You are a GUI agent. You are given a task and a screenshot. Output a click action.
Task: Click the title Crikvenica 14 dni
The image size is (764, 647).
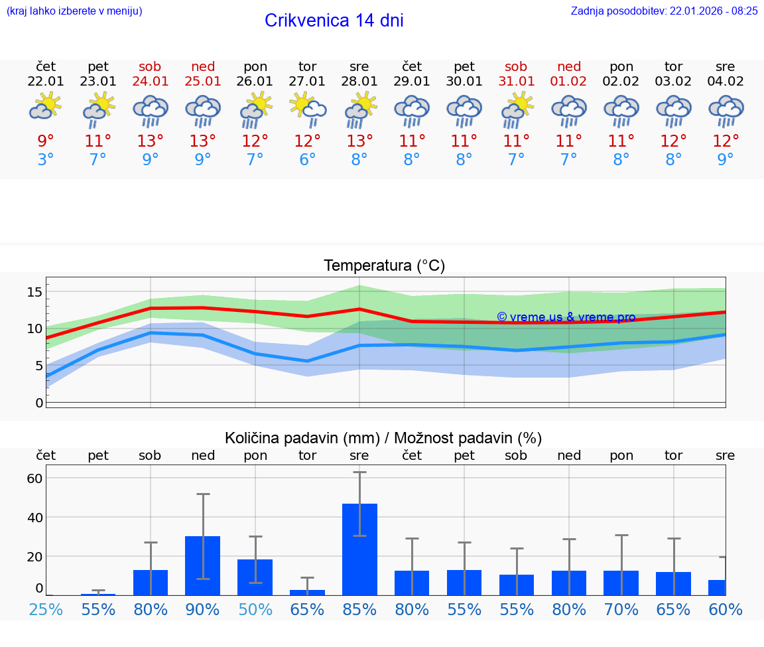click(334, 21)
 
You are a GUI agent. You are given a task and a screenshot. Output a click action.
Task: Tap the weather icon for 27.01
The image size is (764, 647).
click(307, 109)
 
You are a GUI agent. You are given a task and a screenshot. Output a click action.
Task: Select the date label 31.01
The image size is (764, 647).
click(516, 82)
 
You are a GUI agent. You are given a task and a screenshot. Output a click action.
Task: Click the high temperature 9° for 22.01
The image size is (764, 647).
click(46, 141)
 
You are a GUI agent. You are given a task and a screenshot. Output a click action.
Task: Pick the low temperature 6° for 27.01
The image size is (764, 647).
click(307, 160)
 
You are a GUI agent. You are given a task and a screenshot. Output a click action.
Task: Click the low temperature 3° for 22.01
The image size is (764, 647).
click(46, 160)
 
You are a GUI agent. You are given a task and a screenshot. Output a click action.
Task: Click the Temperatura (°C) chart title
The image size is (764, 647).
click(384, 266)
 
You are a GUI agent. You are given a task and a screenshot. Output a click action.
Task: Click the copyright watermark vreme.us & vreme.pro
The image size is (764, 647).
click(566, 317)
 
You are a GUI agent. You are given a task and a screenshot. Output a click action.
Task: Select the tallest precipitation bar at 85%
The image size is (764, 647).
click(359, 549)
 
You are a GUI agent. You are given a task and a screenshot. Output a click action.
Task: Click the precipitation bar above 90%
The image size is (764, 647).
click(202, 565)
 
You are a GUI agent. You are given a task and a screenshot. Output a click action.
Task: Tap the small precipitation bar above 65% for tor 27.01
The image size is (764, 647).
click(307, 592)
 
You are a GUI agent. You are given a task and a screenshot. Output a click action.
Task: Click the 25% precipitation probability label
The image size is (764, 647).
click(46, 610)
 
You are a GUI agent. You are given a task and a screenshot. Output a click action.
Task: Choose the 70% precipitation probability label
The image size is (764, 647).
click(621, 610)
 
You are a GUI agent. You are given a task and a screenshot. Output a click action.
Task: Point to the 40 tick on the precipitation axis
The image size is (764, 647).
click(34, 517)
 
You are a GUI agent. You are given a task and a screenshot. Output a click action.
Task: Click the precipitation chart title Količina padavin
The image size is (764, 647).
click(383, 438)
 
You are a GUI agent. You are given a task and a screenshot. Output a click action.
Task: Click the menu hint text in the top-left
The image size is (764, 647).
click(74, 11)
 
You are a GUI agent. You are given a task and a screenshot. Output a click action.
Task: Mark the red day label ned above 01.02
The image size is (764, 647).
click(568, 67)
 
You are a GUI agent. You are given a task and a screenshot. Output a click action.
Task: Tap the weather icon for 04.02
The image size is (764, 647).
click(726, 111)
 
